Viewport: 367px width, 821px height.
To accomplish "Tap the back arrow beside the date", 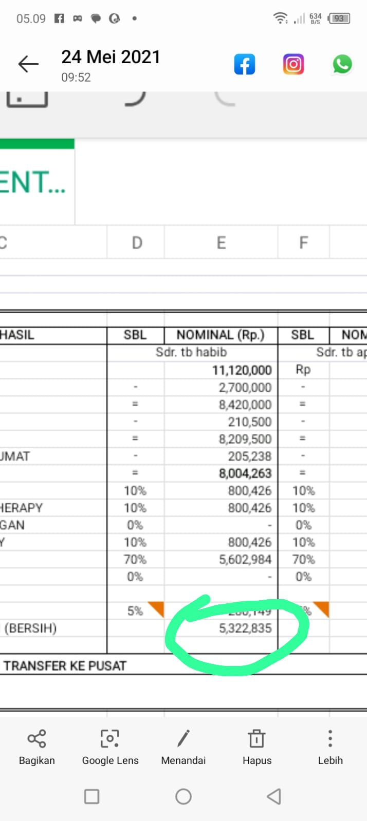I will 28,64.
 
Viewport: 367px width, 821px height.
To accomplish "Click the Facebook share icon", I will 245,65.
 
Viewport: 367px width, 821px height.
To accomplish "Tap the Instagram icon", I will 293,65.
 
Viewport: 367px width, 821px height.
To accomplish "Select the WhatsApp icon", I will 342,65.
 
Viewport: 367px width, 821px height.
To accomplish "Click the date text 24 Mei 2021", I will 111,57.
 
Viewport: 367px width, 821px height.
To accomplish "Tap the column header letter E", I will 221,243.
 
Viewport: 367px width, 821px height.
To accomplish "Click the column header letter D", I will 137,243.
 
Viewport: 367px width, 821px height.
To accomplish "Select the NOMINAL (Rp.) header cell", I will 221,335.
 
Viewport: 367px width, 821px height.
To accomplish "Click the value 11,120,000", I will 242,370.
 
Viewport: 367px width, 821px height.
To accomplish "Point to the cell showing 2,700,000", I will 245,388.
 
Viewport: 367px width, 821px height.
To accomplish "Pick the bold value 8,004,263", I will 245,473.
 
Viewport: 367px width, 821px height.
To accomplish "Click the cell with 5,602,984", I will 245,559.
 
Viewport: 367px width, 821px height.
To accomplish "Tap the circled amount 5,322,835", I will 245,628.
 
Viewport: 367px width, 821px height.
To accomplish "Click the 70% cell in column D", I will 135,559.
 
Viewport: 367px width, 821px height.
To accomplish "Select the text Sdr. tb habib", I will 191,352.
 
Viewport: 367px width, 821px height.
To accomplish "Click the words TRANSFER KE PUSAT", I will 65,666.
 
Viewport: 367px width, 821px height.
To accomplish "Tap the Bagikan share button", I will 36,747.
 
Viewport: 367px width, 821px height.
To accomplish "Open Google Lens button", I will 110,747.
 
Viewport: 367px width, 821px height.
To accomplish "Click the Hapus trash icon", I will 256,747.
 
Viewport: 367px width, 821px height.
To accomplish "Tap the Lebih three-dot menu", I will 330,747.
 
